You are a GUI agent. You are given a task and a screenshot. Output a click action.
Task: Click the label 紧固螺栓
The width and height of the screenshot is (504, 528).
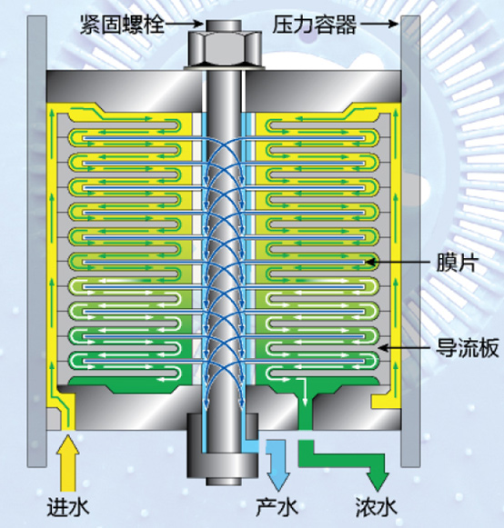pos(122,25)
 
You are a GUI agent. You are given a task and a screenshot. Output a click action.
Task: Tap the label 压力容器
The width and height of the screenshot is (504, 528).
pos(314,25)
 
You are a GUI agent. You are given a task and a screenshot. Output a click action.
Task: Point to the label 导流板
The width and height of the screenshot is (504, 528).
pos(468,347)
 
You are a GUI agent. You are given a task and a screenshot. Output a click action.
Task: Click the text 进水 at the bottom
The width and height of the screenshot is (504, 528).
pos(68,506)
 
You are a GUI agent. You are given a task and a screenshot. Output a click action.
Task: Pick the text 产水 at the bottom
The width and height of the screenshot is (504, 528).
pos(277,506)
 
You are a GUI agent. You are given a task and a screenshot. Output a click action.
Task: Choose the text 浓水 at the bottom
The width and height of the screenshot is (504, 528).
pos(377,506)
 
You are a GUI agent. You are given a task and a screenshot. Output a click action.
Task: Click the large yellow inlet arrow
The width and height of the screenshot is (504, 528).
pos(67,463)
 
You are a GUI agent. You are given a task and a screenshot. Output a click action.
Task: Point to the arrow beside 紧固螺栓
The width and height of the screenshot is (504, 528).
pos(184,24)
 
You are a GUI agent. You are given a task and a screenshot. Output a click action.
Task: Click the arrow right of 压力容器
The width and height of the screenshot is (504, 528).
pos(378,24)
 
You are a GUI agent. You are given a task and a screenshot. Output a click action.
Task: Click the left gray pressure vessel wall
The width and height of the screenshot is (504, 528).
pos(36,242)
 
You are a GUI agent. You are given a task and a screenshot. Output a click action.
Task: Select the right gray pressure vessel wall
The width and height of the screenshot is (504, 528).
pos(410,242)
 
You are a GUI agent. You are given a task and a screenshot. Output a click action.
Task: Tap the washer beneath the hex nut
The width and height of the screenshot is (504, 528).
pos(224,68)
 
